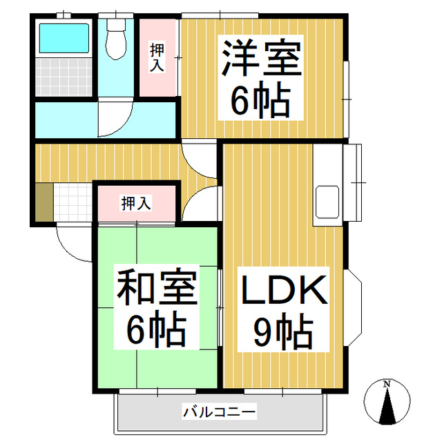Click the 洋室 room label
[261, 59]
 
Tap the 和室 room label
[156, 290]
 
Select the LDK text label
[283, 291]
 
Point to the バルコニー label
[220, 412]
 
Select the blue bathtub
[63, 39]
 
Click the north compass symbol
[388, 403]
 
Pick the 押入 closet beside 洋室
[158, 57]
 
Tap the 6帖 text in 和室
[156, 331]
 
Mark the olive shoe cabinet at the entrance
[44, 202]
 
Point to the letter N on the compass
[388, 383]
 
